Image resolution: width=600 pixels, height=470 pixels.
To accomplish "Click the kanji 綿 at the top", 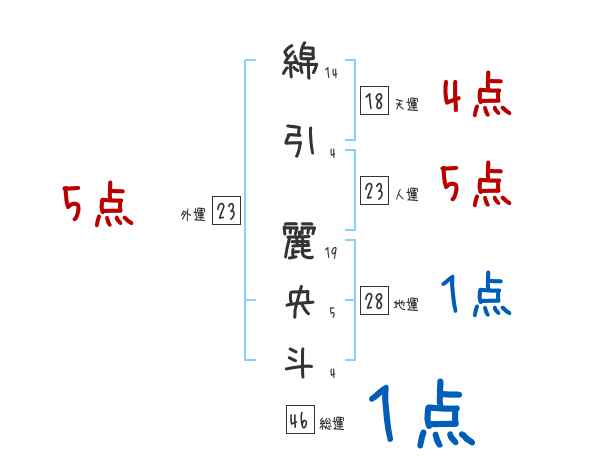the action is [300, 65].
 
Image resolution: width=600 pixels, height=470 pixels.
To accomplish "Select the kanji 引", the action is [300, 142].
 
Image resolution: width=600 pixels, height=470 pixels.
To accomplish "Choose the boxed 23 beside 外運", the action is [227, 211].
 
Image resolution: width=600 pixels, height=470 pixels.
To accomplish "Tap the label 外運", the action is [192, 214].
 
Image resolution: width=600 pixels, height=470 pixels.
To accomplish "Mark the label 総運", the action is [332, 424].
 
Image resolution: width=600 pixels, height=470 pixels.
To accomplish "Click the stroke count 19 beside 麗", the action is [332, 253].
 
